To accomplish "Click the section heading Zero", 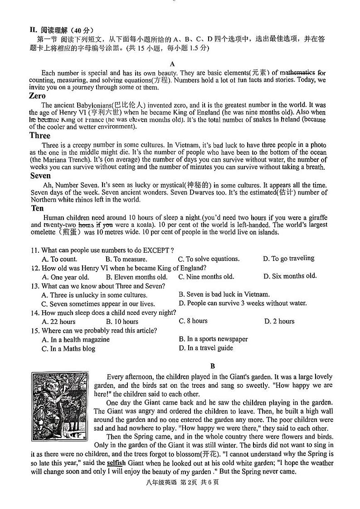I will [37, 96].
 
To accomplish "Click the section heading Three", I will [40, 135].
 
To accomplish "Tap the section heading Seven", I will [40, 176].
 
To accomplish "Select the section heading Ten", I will [37, 208].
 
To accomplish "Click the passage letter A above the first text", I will [172, 64].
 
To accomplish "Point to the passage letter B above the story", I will [213, 366].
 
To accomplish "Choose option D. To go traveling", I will [288, 259].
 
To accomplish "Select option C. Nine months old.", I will [206, 277].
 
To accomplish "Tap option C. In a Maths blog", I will [68, 349].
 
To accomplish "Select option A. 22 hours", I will [58, 322].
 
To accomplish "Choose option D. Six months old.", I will [290, 276].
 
